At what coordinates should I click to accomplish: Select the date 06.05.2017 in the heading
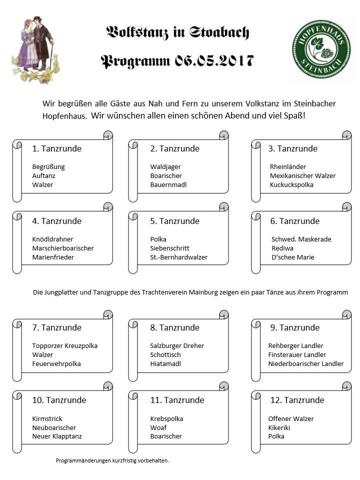214,61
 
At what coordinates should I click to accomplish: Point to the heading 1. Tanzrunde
56,148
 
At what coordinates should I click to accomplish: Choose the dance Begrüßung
48,166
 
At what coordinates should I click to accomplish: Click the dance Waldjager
165,166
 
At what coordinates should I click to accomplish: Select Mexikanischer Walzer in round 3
302,175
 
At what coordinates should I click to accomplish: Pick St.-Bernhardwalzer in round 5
178,257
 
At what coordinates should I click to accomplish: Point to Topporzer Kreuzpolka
65,345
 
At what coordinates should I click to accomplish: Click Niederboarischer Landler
306,363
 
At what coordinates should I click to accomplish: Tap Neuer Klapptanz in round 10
57,436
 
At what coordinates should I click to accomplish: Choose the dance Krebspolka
166,418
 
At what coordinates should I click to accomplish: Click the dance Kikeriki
279,427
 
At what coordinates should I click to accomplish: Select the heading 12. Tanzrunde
296,400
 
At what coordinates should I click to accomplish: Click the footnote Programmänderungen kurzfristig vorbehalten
112,460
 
